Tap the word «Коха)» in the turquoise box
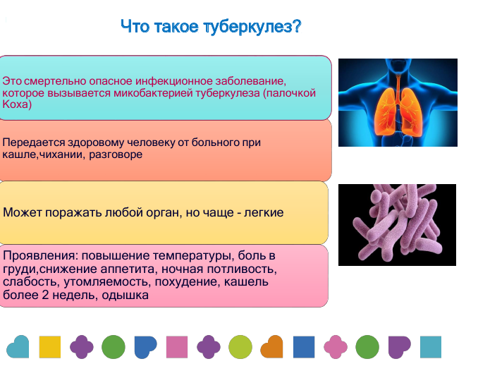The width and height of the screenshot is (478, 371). tap(17, 104)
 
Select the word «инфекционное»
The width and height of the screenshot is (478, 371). tap(173, 81)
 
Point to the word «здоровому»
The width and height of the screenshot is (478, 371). tap(95, 142)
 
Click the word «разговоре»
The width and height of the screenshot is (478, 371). tap(116, 154)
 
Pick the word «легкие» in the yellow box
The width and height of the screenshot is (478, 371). tap(264, 212)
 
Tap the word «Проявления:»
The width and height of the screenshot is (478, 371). tap(41, 255)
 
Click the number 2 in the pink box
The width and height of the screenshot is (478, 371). tap(45, 295)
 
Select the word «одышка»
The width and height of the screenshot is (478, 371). tap(125, 296)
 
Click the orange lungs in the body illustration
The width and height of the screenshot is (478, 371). tap(398, 111)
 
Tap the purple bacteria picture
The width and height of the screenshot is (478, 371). tap(397, 225)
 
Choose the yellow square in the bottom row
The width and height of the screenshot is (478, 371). tap(50, 347)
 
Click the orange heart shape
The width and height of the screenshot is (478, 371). tap(271, 347)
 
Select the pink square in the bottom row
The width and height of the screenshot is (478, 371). tap(177, 347)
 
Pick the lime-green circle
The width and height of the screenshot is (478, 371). tap(240, 347)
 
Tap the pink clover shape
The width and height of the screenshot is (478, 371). tap(336, 347)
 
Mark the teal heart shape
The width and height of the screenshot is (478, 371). tap(18, 347)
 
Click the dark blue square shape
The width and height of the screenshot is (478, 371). tap(304, 347)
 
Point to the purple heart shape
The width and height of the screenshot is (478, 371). tap(399, 347)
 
